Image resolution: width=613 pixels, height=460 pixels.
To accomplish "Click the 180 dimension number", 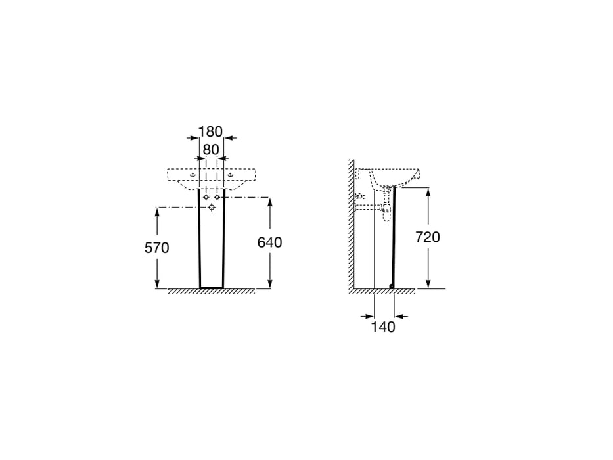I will (x=210, y=131).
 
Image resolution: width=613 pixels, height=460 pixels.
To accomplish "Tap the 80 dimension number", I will (x=210, y=150).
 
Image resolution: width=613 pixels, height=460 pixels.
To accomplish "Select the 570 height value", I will (x=157, y=248).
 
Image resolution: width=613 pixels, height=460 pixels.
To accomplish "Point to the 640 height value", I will (x=269, y=242).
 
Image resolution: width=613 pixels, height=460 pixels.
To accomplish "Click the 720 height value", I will (x=428, y=237).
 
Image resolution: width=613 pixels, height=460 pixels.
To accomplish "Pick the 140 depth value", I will (x=383, y=327).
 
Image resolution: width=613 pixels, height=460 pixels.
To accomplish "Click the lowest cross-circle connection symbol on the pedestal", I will (x=212, y=207).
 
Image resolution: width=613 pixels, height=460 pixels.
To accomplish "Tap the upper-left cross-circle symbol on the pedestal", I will (x=206, y=197).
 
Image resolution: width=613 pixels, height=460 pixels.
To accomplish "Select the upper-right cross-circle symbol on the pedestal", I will (x=217, y=197).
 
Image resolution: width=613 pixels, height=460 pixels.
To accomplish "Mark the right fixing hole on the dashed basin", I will (x=231, y=175).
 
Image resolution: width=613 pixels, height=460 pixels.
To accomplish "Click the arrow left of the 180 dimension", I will (x=193, y=138).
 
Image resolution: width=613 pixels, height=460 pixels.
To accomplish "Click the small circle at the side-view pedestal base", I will (x=391, y=285).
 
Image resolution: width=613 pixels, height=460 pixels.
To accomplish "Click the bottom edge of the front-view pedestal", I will (x=212, y=288).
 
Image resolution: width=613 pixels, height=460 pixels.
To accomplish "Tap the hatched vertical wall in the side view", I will (x=352, y=223).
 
